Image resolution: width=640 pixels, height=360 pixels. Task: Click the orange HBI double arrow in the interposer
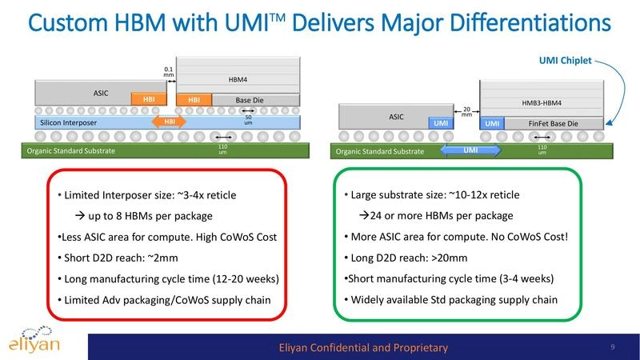click(169, 122)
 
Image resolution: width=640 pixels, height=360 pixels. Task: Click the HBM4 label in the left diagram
click(238, 80)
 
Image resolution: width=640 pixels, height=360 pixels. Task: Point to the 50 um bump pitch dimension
click(249, 119)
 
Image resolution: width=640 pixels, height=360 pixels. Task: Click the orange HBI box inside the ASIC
click(148, 100)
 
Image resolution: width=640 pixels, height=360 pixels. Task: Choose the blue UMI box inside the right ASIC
click(439, 123)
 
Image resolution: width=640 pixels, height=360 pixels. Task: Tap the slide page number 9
click(612, 346)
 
